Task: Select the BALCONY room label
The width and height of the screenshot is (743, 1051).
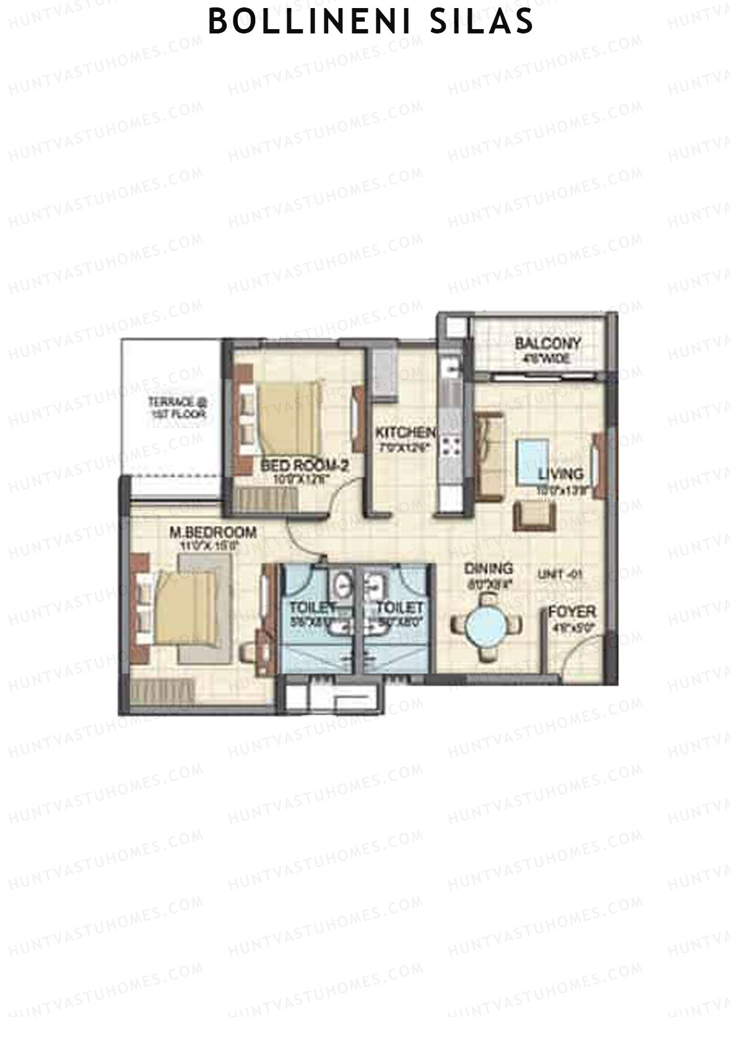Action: point(548,344)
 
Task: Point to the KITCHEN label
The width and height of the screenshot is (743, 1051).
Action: point(406,432)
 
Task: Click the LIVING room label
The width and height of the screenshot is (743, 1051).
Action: point(560,474)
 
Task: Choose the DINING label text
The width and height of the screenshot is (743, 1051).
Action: point(489,568)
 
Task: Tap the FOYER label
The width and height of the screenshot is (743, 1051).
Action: point(572,612)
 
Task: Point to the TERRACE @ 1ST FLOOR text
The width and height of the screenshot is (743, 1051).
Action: point(177,408)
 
